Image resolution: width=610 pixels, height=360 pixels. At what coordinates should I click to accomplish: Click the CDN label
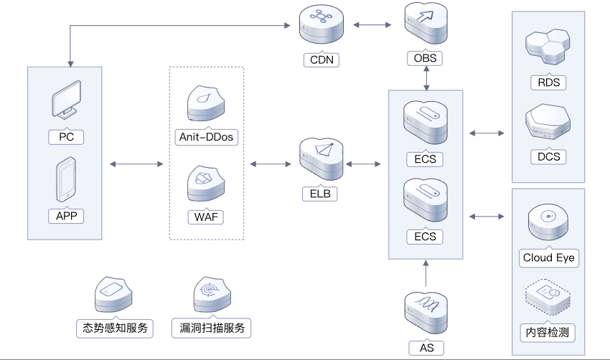tap(320, 60)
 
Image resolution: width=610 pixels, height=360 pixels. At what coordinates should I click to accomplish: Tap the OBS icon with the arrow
tap(426, 26)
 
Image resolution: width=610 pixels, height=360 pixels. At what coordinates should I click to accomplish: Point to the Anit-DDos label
tap(205, 136)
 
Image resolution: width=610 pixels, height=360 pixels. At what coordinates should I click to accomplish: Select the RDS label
tap(548, 82)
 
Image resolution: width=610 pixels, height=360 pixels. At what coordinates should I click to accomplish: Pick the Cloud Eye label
tap(548, 257)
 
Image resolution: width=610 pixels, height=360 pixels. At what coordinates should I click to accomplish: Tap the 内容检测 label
tap(548, 333)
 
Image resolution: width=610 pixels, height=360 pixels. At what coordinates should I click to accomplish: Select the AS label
tap(426, 348)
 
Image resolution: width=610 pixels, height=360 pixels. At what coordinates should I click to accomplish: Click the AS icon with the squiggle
tap(426, 309)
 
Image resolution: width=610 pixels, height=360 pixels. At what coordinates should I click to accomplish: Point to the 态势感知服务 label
tap(115, 328)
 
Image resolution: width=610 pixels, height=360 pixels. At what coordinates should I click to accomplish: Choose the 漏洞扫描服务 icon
tap(212, 295)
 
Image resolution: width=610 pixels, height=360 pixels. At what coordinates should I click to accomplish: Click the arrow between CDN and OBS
tap(373, 26)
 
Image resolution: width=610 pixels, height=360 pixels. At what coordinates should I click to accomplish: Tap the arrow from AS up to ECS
tap(426, 273)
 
